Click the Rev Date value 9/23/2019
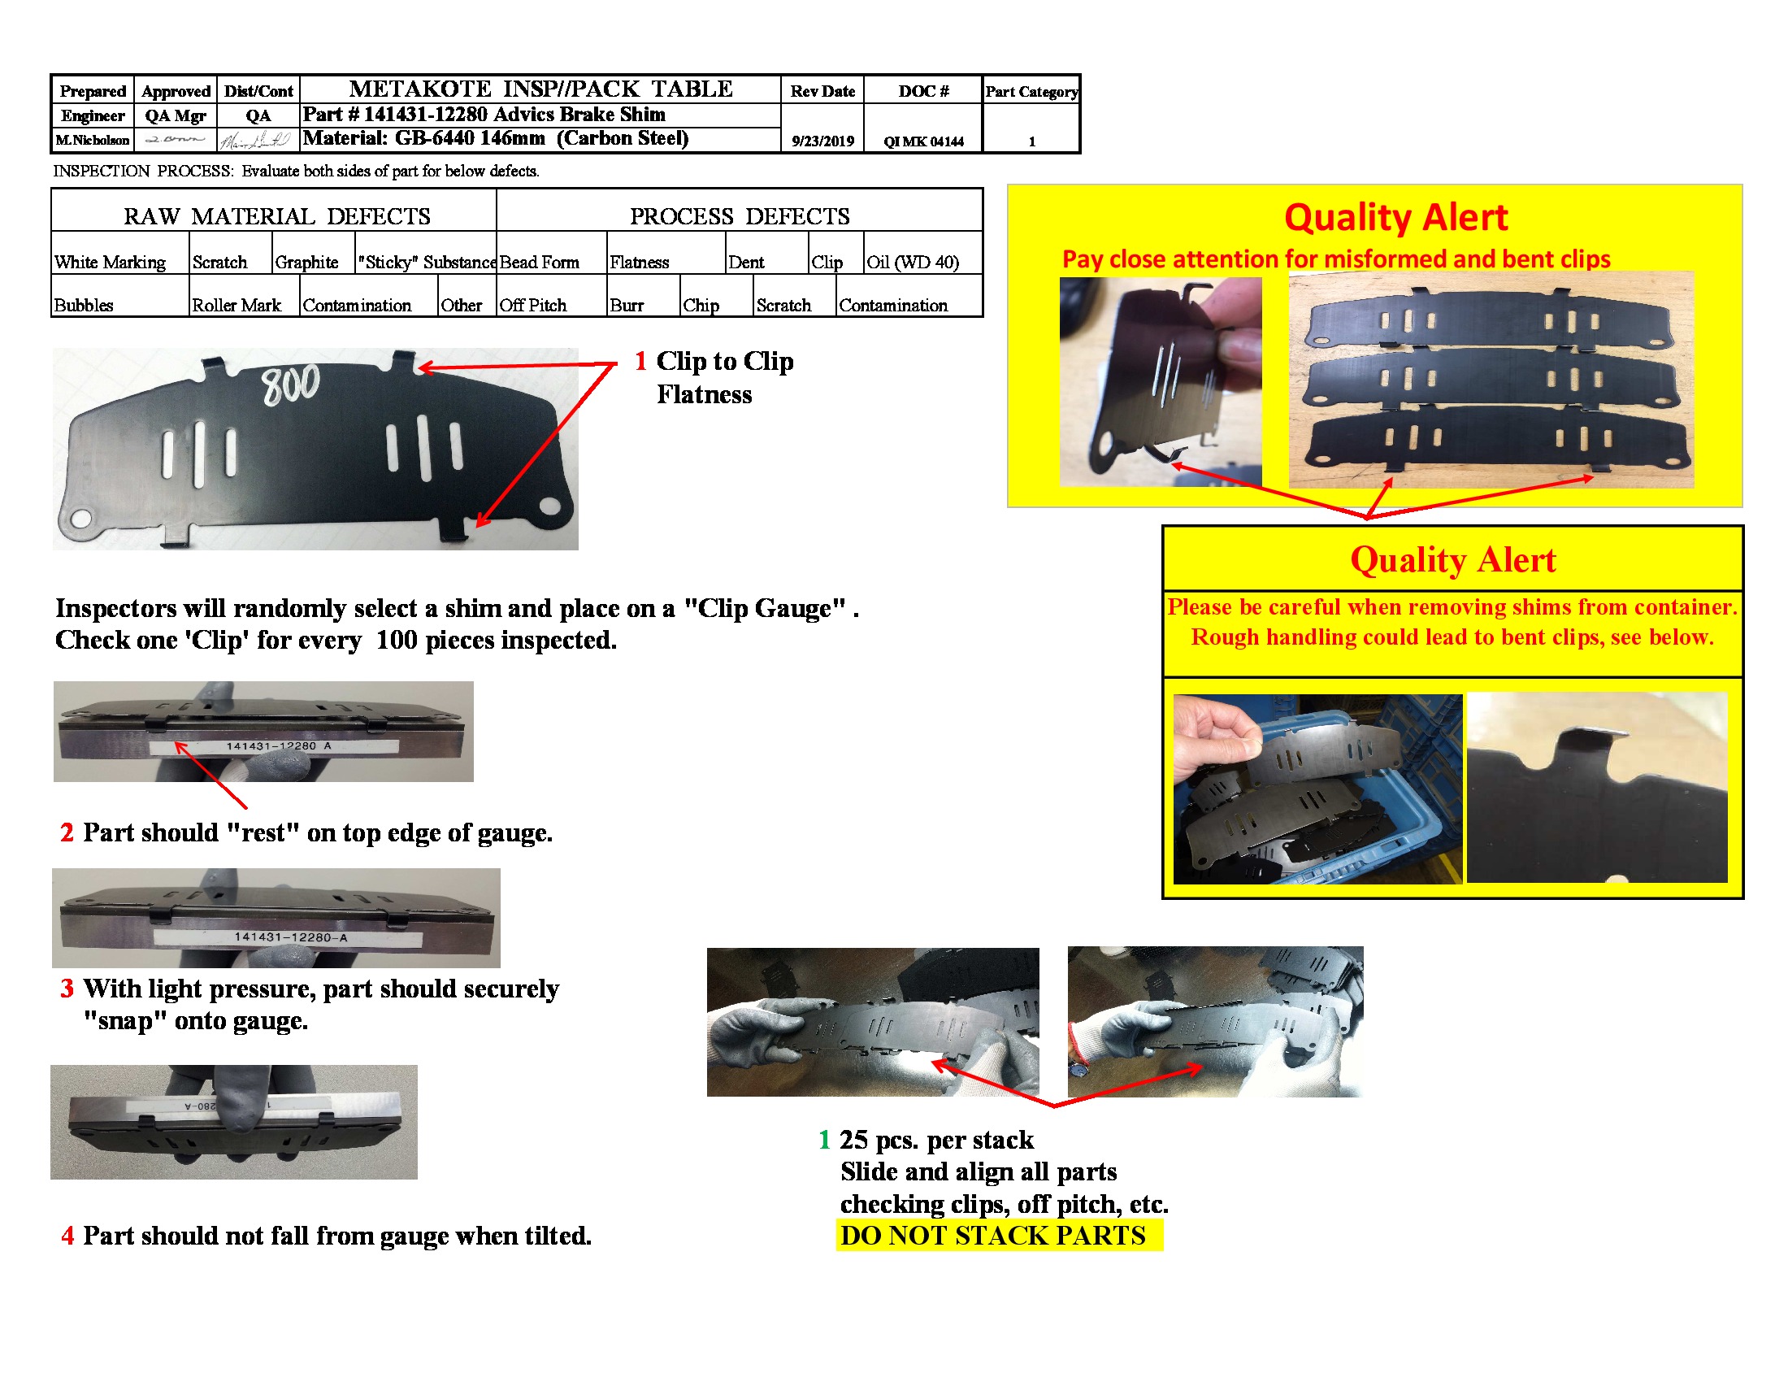[x=822, y=141]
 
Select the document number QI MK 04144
[x=922, y=141]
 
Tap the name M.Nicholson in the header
[x=93, y=140]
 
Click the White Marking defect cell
[x=111, y=262]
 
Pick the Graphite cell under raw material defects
[x=307, y=262]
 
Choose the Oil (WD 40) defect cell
[x=912, y=262]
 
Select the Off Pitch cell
[x=533, y=306]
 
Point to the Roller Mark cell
[x=236, y=306]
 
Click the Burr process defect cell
[x=627, y=306]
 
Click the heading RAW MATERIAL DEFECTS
[x=276, y=216]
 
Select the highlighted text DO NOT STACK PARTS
[x=992, y=1235]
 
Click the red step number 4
[x=68, y=1235]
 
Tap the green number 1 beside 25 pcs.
[x=823, y=1139]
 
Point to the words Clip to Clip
[x=724, y=361]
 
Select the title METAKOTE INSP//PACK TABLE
[x=540, y=89]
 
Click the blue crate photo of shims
[x=1317, y=789]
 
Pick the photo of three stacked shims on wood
[x=1490, y=379]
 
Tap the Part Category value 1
[x=1031, y=141]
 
